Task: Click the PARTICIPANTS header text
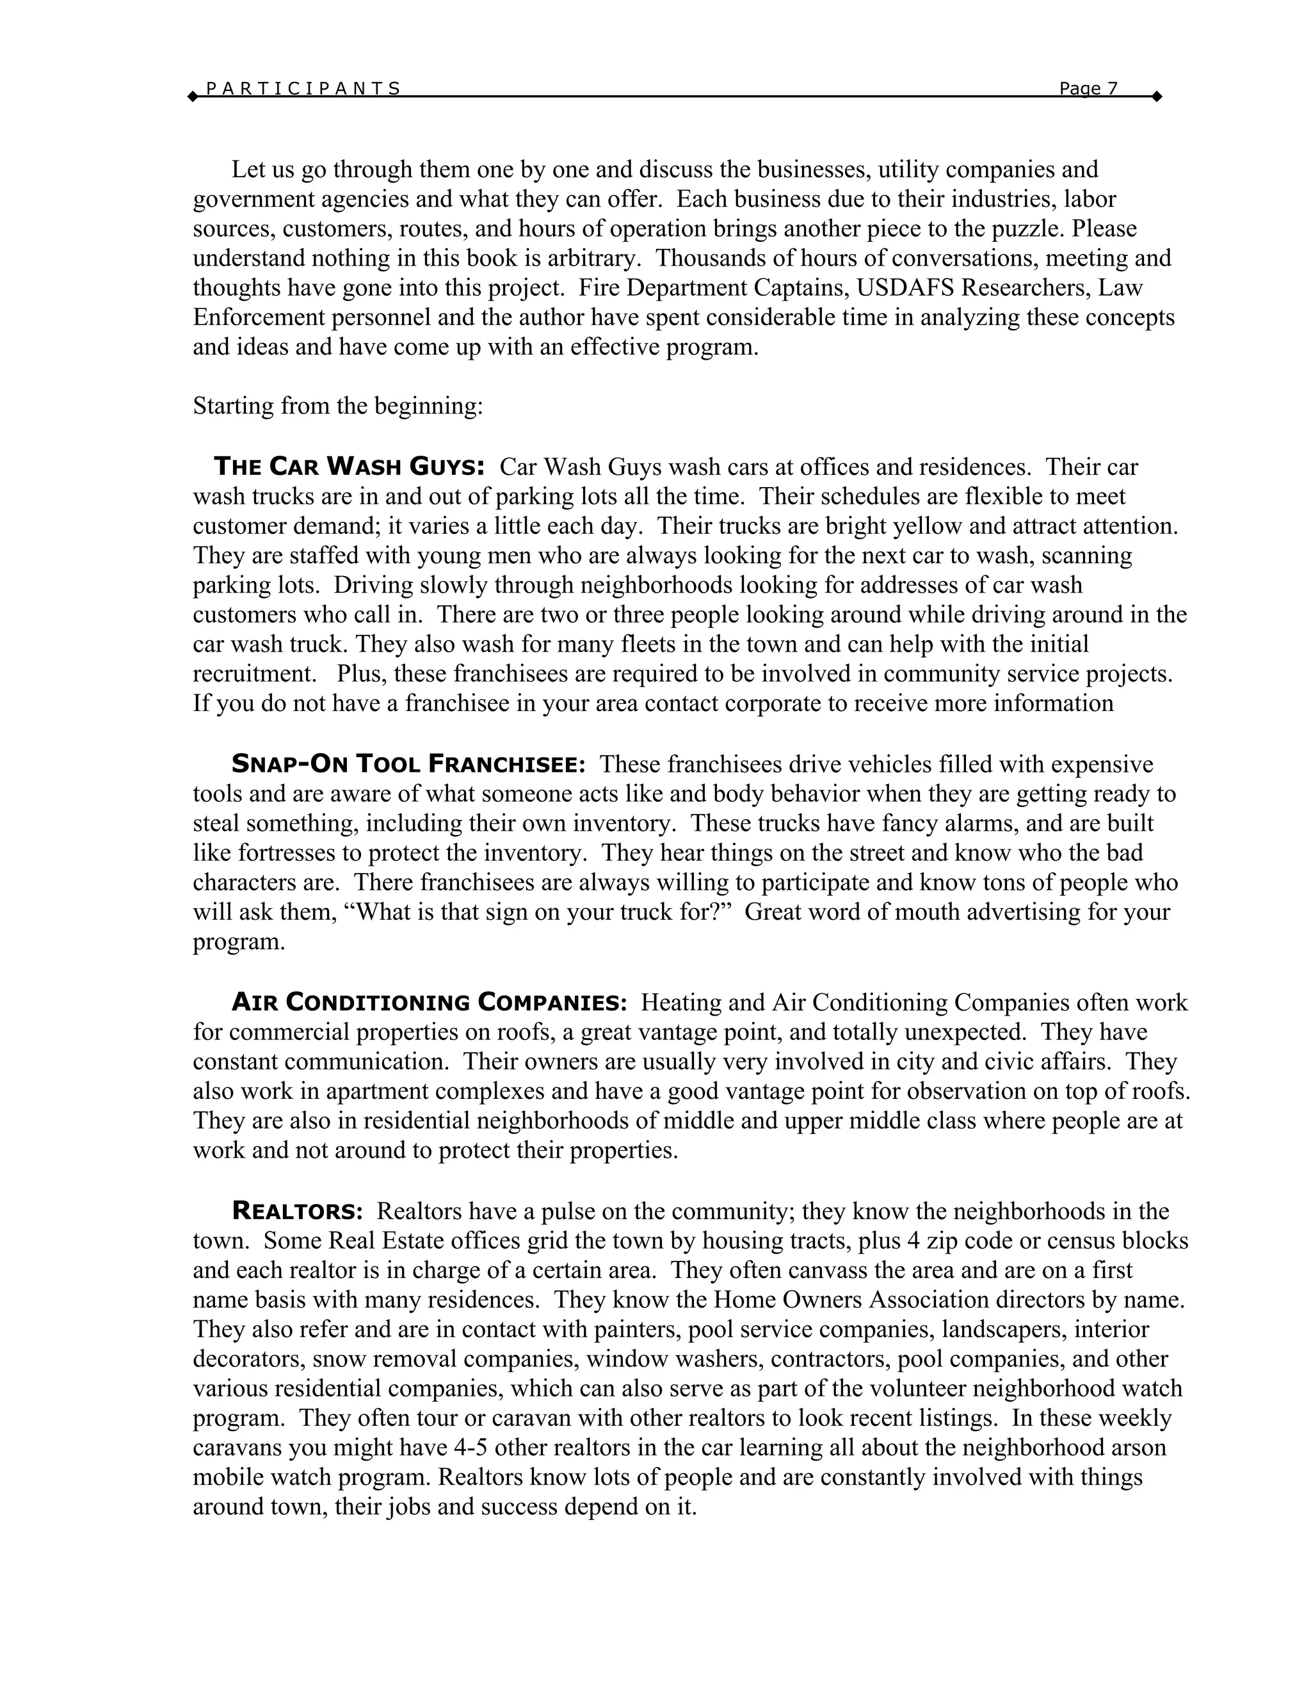coord(303,88)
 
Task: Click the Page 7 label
coord(1088,88)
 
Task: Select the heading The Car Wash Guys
coord(350,467)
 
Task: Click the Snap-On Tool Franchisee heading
coord(408,765)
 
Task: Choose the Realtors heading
coord(298,1211)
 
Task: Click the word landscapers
coord(1004,1329)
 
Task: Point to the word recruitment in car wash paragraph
coord(258,674)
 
